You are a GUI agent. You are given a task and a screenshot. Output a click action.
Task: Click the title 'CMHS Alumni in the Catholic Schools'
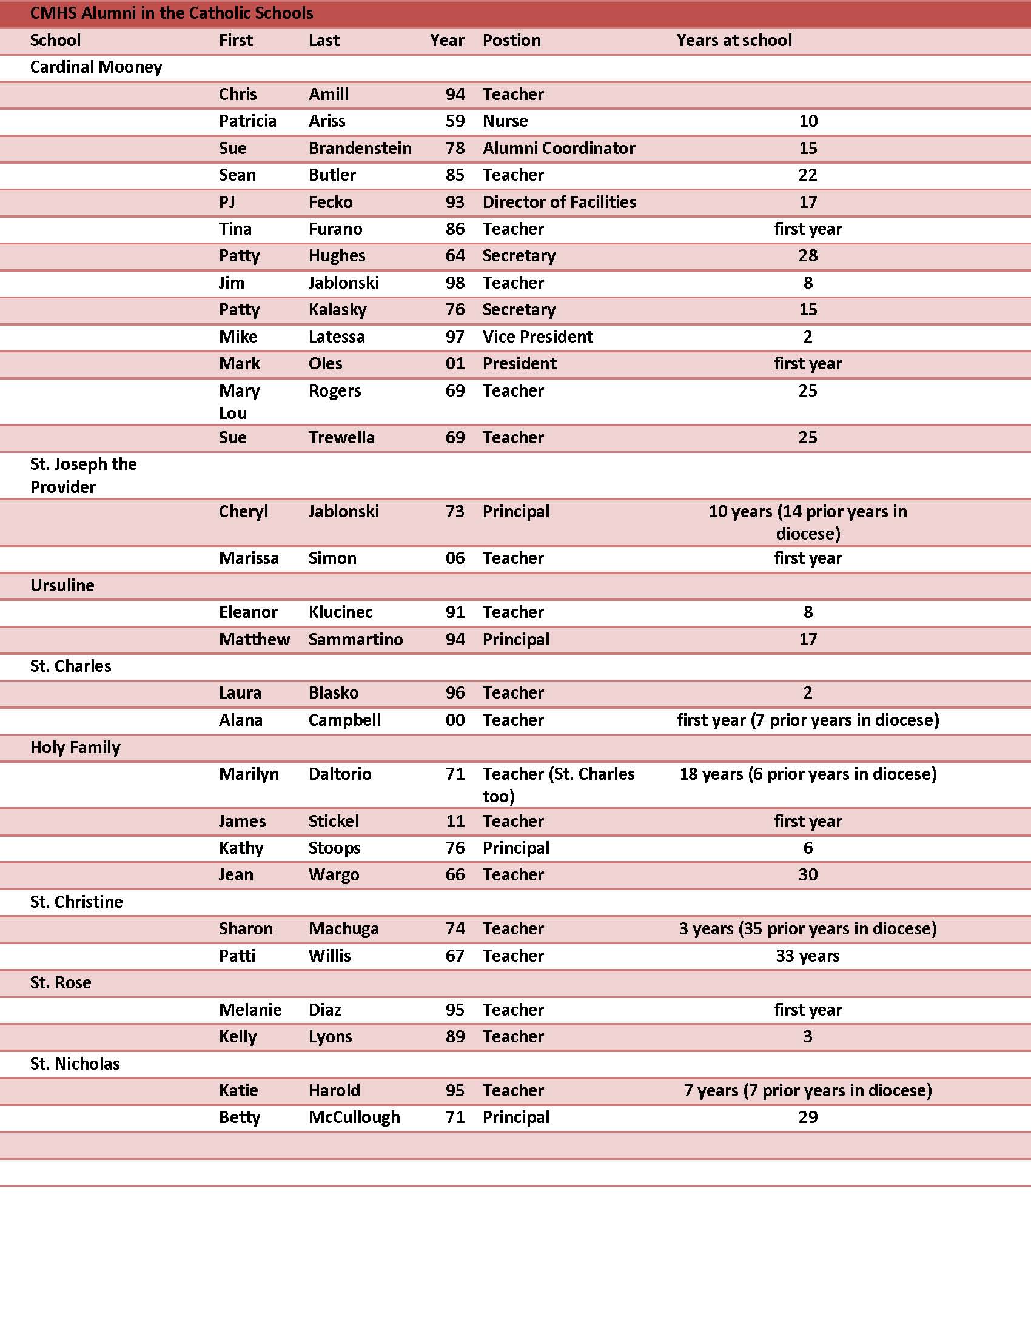click(172, 13)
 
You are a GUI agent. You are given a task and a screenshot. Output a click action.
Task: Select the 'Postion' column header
click(511, 40)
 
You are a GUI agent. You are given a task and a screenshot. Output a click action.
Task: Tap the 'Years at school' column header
click(734, 40)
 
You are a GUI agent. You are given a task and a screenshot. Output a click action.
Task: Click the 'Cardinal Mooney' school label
click(96, 67)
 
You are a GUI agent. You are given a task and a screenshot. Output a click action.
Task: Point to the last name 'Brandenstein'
click(360, 149)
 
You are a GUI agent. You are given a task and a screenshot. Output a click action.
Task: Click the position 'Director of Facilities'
click(559, 202)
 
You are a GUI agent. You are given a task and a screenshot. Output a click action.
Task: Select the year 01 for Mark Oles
click(455, 363)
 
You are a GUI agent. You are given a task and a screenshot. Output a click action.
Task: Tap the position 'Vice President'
click(537, 337)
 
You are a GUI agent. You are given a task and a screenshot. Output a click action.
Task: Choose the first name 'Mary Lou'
click(240, 401)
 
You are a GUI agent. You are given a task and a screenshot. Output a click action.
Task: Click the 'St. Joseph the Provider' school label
click(83, 475)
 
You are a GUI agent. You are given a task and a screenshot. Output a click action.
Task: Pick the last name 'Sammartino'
click(355, 640)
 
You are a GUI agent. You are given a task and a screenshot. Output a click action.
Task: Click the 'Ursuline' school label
click(62, 585)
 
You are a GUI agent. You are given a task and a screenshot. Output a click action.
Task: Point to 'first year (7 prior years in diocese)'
click(807, 720)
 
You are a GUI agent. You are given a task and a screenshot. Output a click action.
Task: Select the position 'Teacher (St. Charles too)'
click(558, 785)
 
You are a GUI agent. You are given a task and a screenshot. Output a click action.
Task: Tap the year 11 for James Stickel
click(455, 822)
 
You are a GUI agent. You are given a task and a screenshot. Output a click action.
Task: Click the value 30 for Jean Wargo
click(807, 874)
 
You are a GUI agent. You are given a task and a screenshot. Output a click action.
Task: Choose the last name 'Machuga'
click(343, 929)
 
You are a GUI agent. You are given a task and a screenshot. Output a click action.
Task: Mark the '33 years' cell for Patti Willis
click(807, 956)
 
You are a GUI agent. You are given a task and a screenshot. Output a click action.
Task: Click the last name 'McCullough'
click(354, 1117)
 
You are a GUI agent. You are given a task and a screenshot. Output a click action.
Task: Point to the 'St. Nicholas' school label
click(75, 1064)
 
